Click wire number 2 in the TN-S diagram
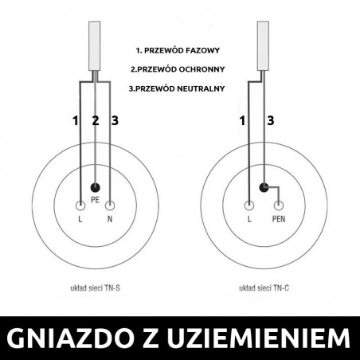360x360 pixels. (96, 121)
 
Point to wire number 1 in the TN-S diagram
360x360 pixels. (76, 121)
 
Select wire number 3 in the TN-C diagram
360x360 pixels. (270, 121)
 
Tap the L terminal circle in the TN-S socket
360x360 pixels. (81, 204)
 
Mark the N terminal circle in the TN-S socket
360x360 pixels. (110, 204)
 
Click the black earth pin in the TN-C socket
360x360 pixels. (264, 188)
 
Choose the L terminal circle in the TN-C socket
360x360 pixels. (250, 204)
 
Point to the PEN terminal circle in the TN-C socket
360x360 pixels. (278, 204)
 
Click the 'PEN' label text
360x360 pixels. (279, 217)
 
